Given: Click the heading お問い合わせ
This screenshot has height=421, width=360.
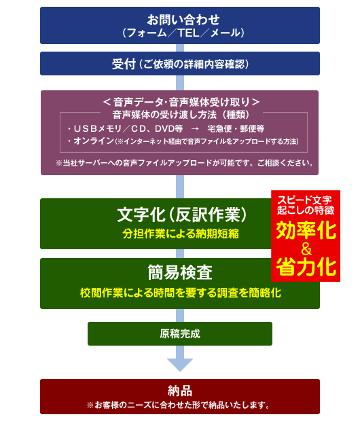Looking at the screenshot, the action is (x=183, y=20).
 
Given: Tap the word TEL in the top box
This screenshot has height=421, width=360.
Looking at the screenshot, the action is (x=188, y=33).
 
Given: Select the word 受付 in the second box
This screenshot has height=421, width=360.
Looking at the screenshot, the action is (x=124, y=65).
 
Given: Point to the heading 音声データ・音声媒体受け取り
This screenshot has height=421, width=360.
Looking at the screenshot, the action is (x=181, y=102).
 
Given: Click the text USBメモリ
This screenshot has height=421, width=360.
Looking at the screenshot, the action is (x=98, y=128).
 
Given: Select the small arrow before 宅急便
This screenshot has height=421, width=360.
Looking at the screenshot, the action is (x=195, y=129).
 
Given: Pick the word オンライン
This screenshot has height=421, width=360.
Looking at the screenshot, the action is (x=94, y=141).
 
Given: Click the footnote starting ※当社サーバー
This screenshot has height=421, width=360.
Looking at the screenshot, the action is (x=184, y=163).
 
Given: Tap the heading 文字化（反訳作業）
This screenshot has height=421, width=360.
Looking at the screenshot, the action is (x=181, y=215).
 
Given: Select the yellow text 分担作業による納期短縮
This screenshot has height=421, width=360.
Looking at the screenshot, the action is (x=181, y=234).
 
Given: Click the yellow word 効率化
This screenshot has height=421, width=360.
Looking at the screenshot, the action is (x=306, y=230).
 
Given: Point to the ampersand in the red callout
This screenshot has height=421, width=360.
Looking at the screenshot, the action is (x=306, y=249).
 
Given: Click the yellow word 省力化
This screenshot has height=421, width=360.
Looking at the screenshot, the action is (x=306, y=267).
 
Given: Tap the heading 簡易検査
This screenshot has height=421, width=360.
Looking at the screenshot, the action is (x=180, y=272).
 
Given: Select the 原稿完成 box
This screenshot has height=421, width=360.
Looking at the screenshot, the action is (x=180, y=333).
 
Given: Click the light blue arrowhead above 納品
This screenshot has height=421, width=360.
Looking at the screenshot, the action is (x=180, y=365).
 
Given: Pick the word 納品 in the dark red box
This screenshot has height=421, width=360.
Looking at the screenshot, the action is (x=180, y=390).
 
